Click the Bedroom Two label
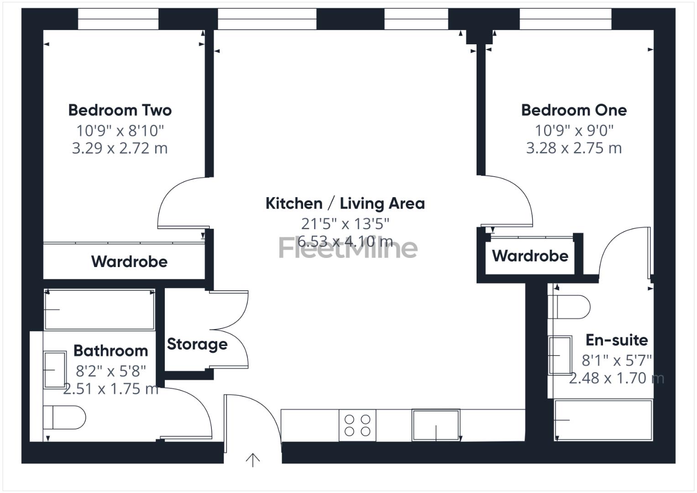click(120, 110)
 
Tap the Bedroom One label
click(574, 110)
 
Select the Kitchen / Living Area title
click(345, 203)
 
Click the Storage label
click(197, 344)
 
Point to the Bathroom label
click(110, 351)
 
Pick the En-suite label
click(617, 340)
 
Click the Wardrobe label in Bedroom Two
click(129, 262)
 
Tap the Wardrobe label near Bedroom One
click(530, 256)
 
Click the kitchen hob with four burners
click(357, 425)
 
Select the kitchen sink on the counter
click(436, 425)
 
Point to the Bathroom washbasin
click(55, 370)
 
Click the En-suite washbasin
click(560, 355)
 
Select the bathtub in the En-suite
click(603, 420)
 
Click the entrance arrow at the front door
click(252, 460)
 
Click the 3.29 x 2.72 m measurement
click(120, 148)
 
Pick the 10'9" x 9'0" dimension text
click(574, 131)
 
